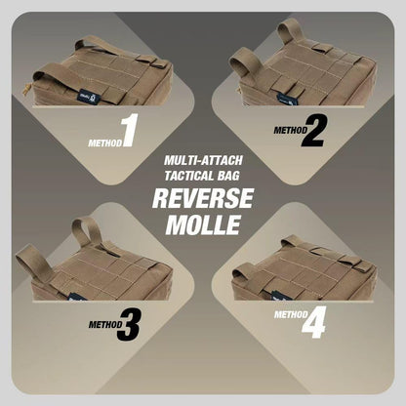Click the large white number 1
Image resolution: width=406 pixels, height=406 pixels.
(130, 130)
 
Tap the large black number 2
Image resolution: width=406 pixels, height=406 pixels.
(313, 131)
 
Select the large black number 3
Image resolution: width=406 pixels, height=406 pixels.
(128, 324)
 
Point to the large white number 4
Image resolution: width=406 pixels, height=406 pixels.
(313, 322)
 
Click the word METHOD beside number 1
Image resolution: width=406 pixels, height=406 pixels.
(105, 142)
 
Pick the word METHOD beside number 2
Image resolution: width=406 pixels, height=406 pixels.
(291, 130)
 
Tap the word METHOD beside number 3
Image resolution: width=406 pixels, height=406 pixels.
(105, 324)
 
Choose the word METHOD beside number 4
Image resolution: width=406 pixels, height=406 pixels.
(291, 314)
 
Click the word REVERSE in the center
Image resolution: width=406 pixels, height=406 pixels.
(203, 198)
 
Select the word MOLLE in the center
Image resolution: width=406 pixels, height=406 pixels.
(203, 224)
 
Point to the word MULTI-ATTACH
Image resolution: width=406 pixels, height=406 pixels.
(203, 160)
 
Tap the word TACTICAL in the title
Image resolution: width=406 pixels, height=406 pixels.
(188, 176)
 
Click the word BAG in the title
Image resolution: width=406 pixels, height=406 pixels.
(228, 176)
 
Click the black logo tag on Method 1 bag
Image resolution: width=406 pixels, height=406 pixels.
(86, 97)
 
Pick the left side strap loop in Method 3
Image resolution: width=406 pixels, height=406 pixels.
(33, 264)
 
